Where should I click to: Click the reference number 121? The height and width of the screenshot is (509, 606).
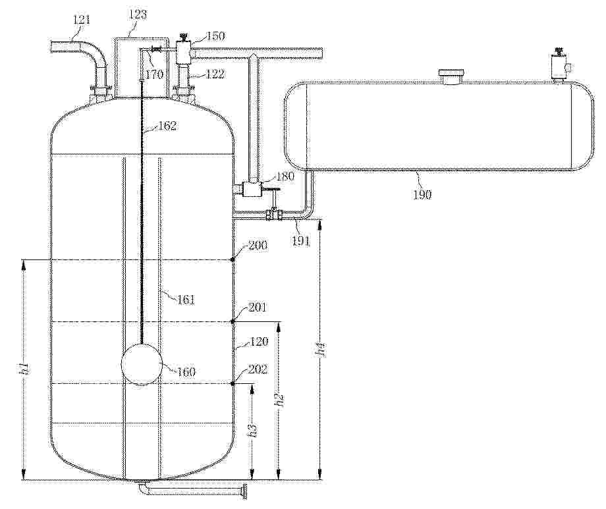coord(82,19)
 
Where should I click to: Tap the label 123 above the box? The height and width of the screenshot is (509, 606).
coord(138,14)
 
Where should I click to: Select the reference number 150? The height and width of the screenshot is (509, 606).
coord(215,36)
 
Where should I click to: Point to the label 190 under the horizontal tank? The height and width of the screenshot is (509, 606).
coord(422,194)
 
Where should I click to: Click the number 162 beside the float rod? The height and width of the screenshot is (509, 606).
coord(167,126)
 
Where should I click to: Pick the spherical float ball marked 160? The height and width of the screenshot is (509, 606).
coord(142,365)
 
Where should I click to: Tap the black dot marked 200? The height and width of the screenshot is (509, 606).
coord(233,259)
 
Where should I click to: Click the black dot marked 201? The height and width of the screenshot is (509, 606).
coord(233,321)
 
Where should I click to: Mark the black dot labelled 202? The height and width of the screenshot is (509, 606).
coord(233,383)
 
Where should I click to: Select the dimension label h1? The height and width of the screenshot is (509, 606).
coord(24,369)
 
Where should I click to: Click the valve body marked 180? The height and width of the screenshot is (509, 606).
coord(252,189)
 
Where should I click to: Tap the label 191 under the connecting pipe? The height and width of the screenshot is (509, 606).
coord(300,241)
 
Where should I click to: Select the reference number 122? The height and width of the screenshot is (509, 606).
coord(215,74)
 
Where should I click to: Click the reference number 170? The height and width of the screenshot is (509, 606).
coord(155,74)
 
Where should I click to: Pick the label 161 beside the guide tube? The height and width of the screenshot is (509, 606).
coord(186,300)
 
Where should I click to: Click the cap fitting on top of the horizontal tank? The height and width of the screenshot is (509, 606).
coord(451,76)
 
